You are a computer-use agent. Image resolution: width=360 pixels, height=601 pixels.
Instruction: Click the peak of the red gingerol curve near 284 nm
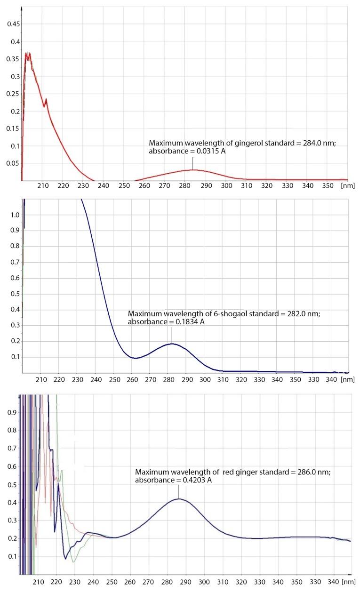tap(192, 169)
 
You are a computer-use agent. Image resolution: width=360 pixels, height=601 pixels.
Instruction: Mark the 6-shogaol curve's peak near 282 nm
tap(171, 344)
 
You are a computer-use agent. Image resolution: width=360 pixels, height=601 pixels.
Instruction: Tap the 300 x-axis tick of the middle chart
tap(204, 379)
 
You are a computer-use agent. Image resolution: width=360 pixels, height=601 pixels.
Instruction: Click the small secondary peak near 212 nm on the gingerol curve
tap(46, 99)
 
